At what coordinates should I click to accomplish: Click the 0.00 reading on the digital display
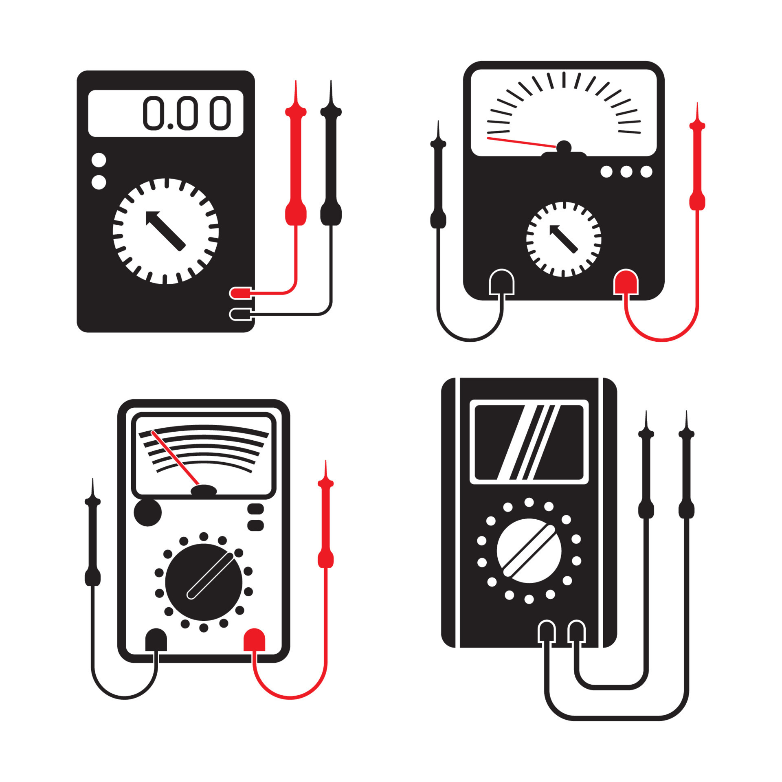pos(187,113)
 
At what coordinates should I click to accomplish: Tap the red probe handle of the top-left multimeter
pos(296,163)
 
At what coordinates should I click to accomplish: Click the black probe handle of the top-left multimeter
pos(331,163)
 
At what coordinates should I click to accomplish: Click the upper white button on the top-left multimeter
pos(99,160)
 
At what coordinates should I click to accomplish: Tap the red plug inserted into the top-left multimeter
pos(240,292)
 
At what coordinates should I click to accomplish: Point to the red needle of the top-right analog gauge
pos(521,142)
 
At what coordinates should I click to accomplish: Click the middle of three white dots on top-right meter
pos(626,171)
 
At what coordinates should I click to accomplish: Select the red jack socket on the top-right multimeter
pos(626,282)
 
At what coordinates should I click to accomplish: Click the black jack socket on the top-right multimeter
pos(501,282)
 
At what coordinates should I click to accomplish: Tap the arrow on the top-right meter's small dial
pos(563,239)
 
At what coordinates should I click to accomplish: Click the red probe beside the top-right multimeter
pos(697,171)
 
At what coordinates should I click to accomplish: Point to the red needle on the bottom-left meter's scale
pos(175,458)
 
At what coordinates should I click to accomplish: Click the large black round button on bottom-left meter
pos(148,512)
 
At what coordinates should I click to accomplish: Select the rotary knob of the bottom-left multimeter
pos(203,582)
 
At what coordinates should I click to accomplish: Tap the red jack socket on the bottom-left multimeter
pos(254,640)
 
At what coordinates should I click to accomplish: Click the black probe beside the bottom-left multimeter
pos(92,542)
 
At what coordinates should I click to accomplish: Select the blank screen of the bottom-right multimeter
pos(529,442)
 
